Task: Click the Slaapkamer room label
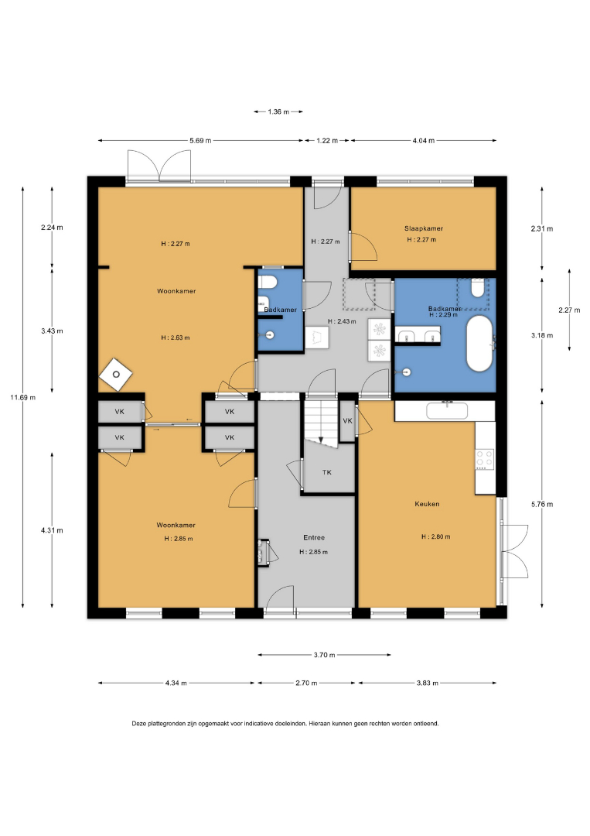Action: [423, 228]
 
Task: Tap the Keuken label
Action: [427, 504]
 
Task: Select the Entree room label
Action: [314, 537]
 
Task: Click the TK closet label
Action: [327, 472]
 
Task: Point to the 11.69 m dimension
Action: [23, 397]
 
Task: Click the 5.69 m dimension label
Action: [200, 141]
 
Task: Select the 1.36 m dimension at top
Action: [278, 112]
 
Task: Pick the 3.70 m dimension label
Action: [324, 655]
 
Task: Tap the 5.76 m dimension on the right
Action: [542, 504]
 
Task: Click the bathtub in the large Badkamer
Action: [479, 344]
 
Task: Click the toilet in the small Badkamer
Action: [266, 282]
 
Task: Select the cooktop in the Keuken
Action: [485, 460]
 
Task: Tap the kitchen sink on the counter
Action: [447, 410]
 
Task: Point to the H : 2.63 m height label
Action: [176, 337]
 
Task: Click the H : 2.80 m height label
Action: [435, 537]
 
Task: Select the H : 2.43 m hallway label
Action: [342, 321]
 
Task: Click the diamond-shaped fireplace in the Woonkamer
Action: [115, 375]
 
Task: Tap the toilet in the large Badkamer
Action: [477, 289]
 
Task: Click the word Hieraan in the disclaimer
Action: [319, 724]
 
